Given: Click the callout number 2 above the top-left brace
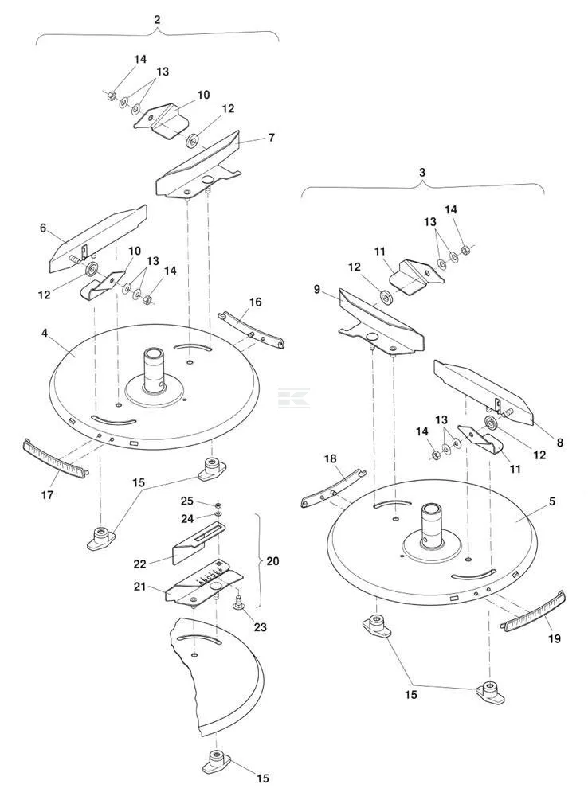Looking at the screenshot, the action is pos(157,20).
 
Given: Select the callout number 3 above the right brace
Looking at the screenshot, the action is pos(422,173).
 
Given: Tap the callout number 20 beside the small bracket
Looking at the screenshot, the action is pos(273,561).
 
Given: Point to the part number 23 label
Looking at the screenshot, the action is pos(261,627).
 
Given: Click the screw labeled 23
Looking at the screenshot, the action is pos(238,603).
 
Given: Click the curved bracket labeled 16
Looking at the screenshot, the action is pos(251,330).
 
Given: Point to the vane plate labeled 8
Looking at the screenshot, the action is pos(484,392).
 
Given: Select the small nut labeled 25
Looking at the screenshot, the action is pos(218,505).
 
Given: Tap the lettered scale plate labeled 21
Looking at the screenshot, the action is pos(204,584).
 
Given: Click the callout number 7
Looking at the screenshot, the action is pos(272,138).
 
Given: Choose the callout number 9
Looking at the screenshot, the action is pos(317,290).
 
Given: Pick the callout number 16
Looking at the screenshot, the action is pos(255,302).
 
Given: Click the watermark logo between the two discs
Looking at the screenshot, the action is pos(294,397).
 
